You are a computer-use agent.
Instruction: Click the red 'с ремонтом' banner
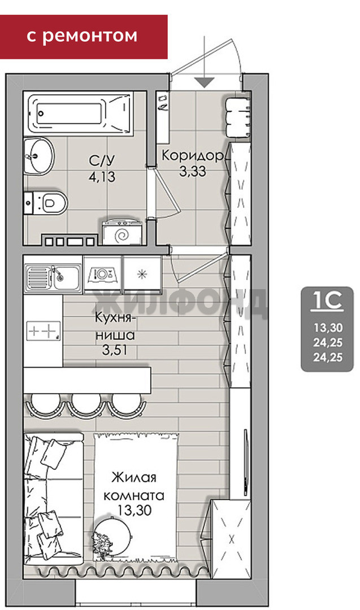84,37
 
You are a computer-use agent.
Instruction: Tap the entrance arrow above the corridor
205,62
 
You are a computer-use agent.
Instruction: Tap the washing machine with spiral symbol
122,233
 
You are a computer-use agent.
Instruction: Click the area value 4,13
102,177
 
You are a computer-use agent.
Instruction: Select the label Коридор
193,156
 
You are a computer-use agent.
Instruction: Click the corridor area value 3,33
193,171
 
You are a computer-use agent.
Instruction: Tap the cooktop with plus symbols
44,331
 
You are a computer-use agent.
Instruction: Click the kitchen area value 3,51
115,350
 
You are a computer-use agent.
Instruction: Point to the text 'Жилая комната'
133,486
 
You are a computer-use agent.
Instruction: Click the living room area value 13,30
135,509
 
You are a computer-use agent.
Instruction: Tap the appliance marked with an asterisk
142,274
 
